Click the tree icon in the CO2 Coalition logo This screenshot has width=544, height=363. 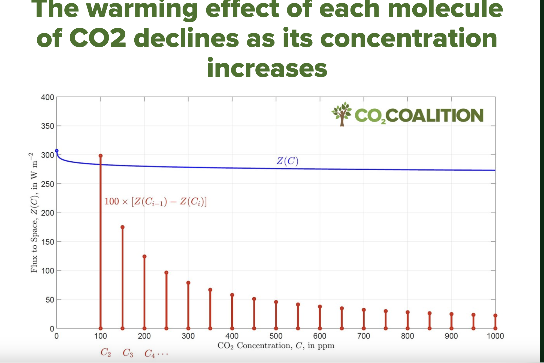click(342, 114)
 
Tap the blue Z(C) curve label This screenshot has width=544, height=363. click(288, 161)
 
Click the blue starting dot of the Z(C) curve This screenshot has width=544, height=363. click(57, 151)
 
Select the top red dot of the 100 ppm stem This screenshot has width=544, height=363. click(101, 156)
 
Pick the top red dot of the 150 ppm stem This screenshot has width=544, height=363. click(123, 227)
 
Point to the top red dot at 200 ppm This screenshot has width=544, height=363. click(144, 256)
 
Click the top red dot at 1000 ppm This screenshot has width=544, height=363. click(495, 316)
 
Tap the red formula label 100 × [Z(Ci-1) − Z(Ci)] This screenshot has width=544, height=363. click(156, 202)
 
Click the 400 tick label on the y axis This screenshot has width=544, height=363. click(47, 97)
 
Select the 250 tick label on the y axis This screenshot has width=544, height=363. click(47, 184)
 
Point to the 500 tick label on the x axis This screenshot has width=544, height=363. click(276, 336)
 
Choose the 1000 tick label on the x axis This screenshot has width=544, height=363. click(495, 336)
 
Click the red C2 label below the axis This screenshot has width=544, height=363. click(106, 352)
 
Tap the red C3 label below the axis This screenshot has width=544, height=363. click(128, 353)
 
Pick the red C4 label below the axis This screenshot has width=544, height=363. click(150, 353)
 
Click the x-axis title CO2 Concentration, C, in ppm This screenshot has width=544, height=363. click(276, 346)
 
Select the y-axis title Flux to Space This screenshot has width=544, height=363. click(34, 213)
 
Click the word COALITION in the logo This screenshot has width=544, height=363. click(434, 116)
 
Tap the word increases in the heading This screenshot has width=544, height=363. click(267, 68)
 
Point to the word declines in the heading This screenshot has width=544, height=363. click(186, 38)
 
